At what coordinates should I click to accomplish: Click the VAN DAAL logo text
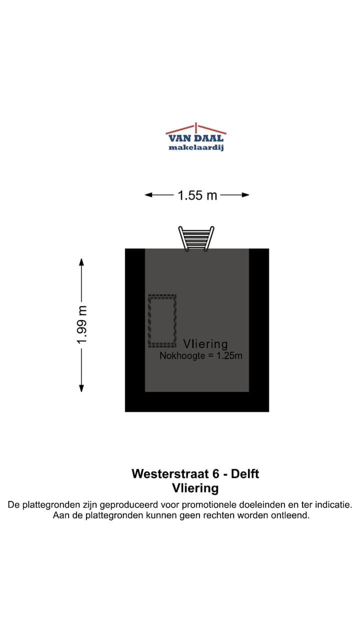195,138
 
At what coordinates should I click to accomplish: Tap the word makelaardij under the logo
195,147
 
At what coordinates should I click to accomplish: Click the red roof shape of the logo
195,128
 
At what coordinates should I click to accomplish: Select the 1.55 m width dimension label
197,195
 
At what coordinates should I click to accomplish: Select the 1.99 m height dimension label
82,324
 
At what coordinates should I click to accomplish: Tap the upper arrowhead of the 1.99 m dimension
81,261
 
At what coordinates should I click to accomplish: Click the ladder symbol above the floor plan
196,238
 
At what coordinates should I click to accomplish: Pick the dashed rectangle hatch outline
162,320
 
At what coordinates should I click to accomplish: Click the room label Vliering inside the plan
205,344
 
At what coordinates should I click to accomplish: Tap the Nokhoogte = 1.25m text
201,356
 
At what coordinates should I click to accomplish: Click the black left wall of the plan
134,320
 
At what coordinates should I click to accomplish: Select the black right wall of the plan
259,320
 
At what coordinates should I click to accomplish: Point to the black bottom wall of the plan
197,402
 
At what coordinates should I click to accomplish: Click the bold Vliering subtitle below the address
195,488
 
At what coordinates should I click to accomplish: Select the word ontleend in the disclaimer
290,515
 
